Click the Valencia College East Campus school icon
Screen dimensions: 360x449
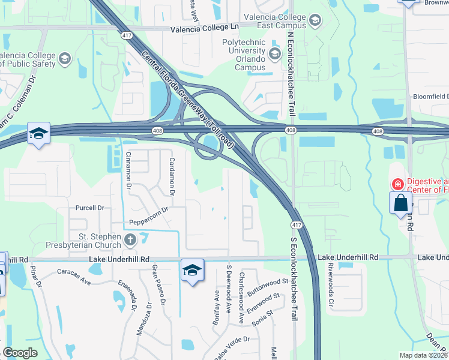tap(315, 22)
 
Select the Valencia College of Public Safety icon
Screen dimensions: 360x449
tap(65, 59)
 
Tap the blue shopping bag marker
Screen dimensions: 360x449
tap(400, 203)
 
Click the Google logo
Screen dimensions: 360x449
tap(20, 353)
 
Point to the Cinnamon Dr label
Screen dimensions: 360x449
tap(128, 171)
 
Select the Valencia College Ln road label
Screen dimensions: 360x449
tap(205, 28)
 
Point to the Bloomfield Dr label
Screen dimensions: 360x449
tap(430, 96)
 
